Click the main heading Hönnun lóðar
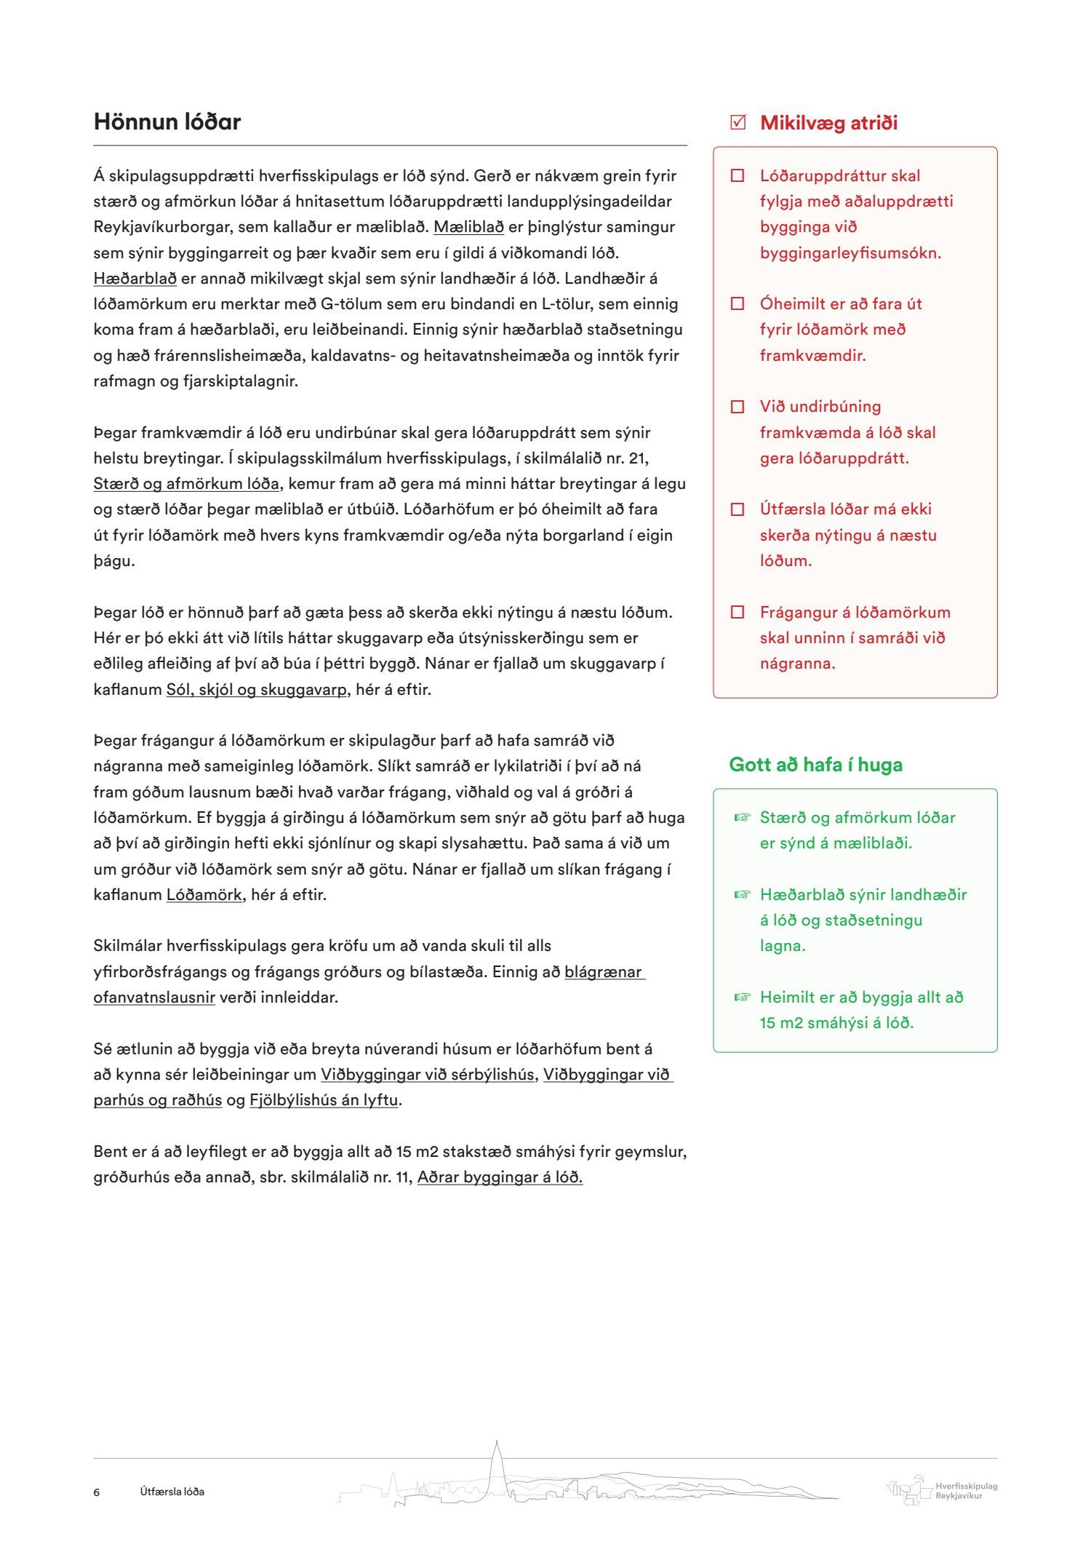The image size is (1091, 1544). click(167, 122)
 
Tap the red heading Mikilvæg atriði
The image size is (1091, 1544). click(828, 123)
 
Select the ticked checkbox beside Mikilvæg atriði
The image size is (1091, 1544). click(738, 122)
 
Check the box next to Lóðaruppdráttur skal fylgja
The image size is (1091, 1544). click(738, 176)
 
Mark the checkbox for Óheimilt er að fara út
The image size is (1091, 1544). click(738, 304)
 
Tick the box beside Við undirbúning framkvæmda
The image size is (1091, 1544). click(738, 407)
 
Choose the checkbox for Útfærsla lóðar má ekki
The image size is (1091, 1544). click(738, 509)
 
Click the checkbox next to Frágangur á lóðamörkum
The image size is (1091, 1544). click(738, 613)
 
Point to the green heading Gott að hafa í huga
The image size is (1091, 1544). click(815, 765)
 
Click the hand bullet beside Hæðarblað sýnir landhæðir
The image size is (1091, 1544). click(741, 895)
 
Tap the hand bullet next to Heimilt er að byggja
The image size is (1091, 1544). click(741, 998)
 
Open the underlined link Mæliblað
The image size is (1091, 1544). click(468, 227)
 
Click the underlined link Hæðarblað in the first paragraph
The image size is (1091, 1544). click(135, 279)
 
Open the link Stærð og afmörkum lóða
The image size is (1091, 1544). click(186, 484)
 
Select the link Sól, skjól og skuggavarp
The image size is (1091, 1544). click(257, 690)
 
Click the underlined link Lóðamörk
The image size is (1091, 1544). click(204, 895)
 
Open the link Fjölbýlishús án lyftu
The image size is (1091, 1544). click(324, 1100)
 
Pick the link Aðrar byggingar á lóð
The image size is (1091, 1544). click(500, 1177)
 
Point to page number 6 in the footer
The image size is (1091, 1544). click(97, 1492)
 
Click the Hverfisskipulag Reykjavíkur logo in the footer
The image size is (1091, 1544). click(943, 1490)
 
